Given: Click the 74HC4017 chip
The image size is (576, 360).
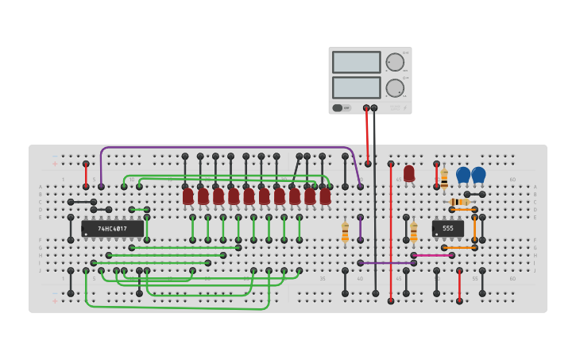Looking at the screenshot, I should [113, 229].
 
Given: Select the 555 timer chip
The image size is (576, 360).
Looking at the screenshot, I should [447, 229].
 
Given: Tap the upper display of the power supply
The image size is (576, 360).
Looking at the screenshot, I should [356, 62].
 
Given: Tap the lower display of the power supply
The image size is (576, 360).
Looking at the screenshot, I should [356, 87].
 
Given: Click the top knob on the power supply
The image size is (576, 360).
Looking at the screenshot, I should [395, 62].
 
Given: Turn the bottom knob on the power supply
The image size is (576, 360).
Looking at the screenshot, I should [395, 87].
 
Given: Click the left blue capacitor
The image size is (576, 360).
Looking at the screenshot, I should [463, 174].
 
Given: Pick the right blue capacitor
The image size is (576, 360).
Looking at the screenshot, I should [478, 174].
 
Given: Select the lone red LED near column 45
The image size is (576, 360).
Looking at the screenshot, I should [409, 173].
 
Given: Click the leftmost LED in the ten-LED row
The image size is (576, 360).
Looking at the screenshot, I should [188, 195].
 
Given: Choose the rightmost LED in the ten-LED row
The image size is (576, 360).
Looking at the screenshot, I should [325, 195].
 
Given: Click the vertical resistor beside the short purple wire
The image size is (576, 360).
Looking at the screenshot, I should [345, 231].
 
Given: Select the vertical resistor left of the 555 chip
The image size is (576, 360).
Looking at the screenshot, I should [413, 231].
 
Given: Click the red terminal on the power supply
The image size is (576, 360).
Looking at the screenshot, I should [366, 108].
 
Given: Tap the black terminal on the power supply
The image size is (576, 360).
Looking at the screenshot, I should [374, 108].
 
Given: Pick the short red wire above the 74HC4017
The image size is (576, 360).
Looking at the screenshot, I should [86, 175].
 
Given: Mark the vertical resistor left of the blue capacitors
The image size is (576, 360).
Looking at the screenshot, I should [444, 178].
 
